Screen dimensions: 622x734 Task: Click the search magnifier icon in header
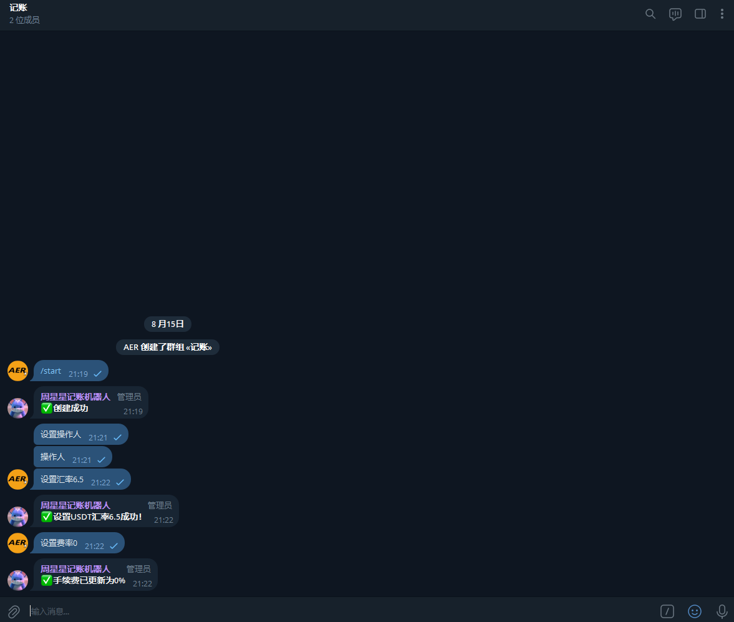point(650,14)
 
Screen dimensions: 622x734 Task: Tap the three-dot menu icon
point(722,14)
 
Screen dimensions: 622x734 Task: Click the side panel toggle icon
point(700,14)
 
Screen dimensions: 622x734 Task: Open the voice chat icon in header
point(675,14)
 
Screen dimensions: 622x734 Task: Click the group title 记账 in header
point(19,8)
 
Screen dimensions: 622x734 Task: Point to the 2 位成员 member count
point(24,20)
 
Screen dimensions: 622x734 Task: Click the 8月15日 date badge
point(168,324)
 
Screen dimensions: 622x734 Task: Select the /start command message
point(51,371)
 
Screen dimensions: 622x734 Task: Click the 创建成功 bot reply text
point(70,408)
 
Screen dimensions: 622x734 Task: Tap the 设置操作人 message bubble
point(61,434)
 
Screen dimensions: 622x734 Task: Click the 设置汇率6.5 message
point(62,479)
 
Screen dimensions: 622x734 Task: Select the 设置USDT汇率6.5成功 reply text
point(97,517)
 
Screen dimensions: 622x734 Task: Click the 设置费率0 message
point(59,543)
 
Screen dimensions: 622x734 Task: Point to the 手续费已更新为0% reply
point(89,580)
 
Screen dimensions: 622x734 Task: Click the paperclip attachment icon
point(14,611)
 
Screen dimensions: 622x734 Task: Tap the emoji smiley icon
point(695,611)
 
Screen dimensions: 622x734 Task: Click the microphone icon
point(722,611)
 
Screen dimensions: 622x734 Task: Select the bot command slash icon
point(667,611)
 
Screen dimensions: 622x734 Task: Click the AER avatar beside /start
point(17,371)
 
